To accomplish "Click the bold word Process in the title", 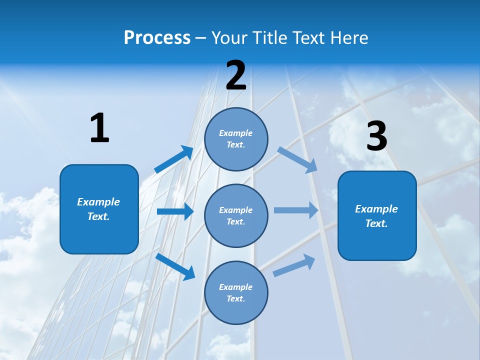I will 157,38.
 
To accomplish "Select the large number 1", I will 99,128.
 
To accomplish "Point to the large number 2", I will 236,75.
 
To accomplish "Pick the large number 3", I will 376,136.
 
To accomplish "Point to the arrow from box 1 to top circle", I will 174,159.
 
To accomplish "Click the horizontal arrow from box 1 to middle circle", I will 175,211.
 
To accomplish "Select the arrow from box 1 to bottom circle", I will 175,266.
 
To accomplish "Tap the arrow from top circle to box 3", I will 297,159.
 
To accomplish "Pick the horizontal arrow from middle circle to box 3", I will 296,210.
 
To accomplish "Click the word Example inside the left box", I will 98,202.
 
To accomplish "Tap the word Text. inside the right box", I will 376,223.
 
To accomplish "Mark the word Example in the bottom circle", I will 236,287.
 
